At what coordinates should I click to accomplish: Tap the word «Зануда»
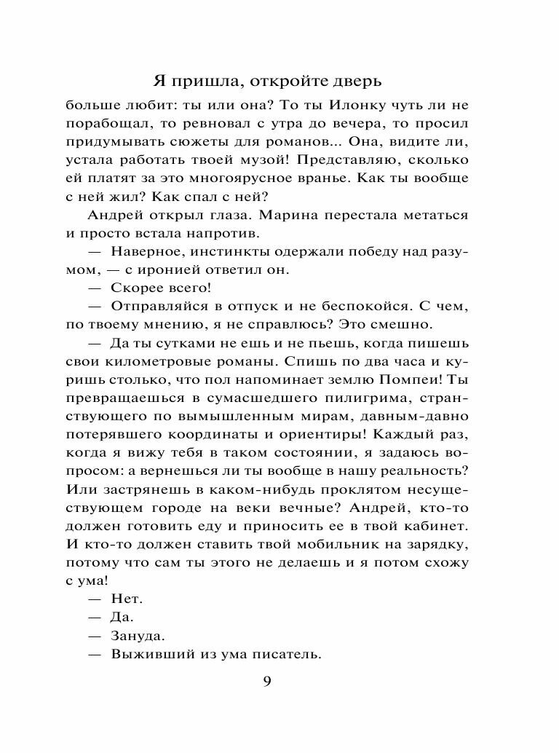(x=138, y=636)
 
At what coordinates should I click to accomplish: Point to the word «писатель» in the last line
(x=286, y=654)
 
